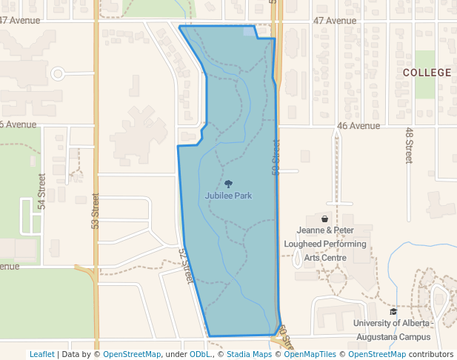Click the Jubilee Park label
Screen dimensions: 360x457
[228, 196]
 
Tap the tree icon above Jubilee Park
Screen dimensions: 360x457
[228, 184]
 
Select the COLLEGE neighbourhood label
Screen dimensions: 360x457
[427, 73]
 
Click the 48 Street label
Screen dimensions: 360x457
[408, 145]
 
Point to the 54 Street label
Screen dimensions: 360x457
[42, 190]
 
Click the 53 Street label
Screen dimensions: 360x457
[96, 210]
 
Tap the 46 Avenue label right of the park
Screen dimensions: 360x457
[358, 126]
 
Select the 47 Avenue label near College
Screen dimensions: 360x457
[335, 21]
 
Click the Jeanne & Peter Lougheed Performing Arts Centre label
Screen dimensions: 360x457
[326, 244]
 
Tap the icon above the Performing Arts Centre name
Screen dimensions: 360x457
[325, 219]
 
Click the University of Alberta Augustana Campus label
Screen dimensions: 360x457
[392, 330]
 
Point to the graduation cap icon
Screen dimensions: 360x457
[393, 312]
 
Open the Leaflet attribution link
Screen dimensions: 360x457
[41, 354]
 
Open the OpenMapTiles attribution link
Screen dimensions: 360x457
[312, 354]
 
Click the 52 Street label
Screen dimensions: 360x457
[186, 265]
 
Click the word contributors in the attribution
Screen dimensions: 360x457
[431, 354]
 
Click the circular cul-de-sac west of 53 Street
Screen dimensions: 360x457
[58, 73]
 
